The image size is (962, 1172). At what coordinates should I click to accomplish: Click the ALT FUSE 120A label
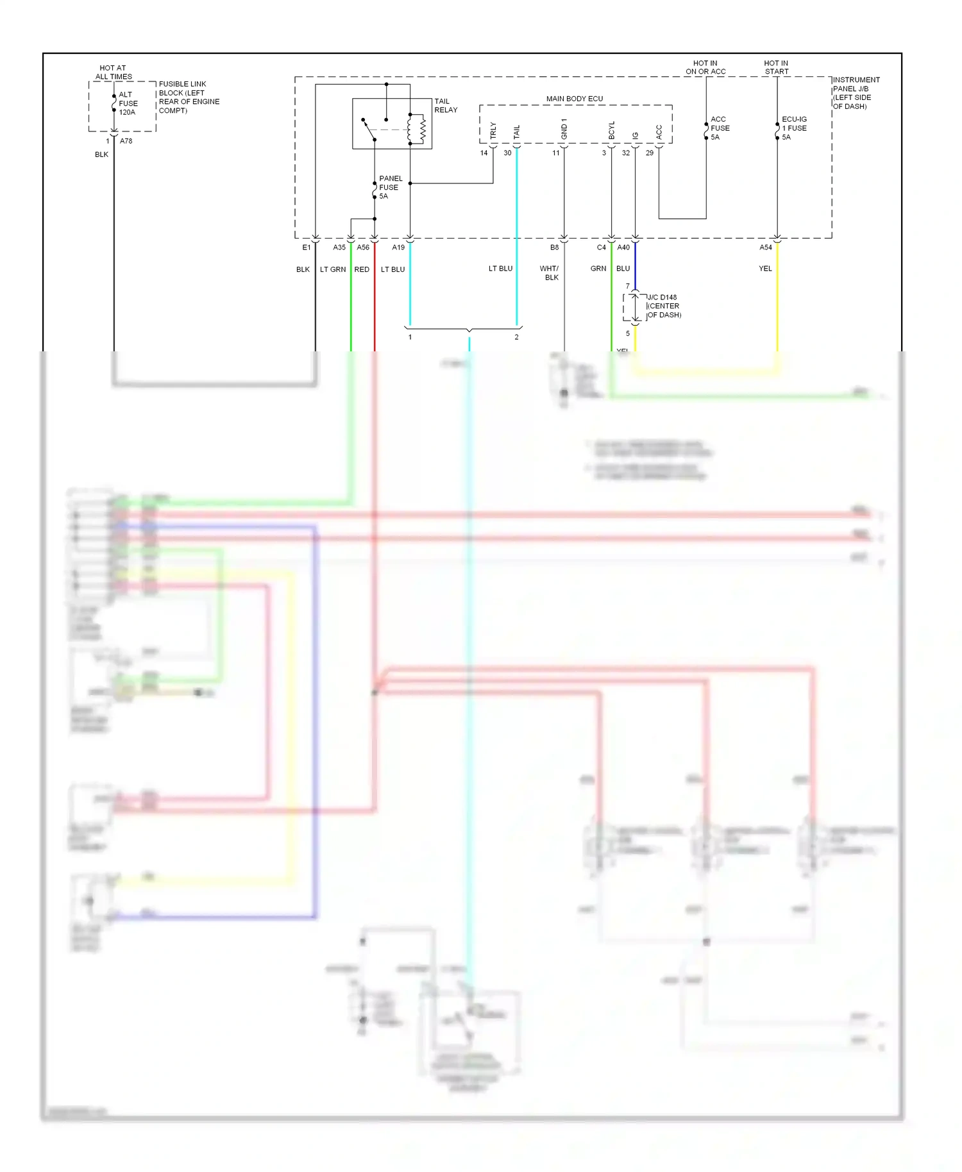pyautogui.click(x=128, y=103)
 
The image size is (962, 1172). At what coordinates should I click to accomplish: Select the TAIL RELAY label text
pyautogui.click(x=446, y=106)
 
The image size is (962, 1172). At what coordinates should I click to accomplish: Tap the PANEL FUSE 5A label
pyautogui.click(x=390, y=187)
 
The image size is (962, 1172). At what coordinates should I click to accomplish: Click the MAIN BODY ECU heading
pyautogui.click(x=574, y=99)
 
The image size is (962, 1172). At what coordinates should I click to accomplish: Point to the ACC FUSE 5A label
pyautogui.click(x=720, y=128)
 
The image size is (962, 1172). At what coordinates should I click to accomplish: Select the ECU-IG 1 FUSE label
pyautogui.click(x=794, y=128)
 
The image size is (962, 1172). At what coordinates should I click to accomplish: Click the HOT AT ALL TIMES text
pyautogui.click(x=114, y=72)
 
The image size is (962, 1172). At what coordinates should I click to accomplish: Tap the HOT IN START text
pyautogui.click(x=776, y=67)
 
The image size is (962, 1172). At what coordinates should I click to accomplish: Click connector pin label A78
pyautogui.click(x=126, y=141)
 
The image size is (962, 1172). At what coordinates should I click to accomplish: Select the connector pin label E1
pyautogui.click(x=307, y=247)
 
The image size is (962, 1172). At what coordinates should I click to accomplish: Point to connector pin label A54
pyautogui.click(x=766, y=247)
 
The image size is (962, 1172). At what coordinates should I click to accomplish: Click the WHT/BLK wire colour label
pyautogui.click(x=550, y=273)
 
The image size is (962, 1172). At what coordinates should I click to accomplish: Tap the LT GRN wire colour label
pyautogui.click(x=333, y=269)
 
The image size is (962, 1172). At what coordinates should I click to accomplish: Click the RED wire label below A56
pyautogui.click(x=362, y=269)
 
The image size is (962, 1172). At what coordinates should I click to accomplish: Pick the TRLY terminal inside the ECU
pyautogui.click(x=493, y=131)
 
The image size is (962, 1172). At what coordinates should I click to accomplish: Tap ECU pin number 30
pyautogui.click(x=507, y=153)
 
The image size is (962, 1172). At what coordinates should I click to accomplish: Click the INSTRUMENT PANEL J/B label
pyautogui.click(x=856, y=93)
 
